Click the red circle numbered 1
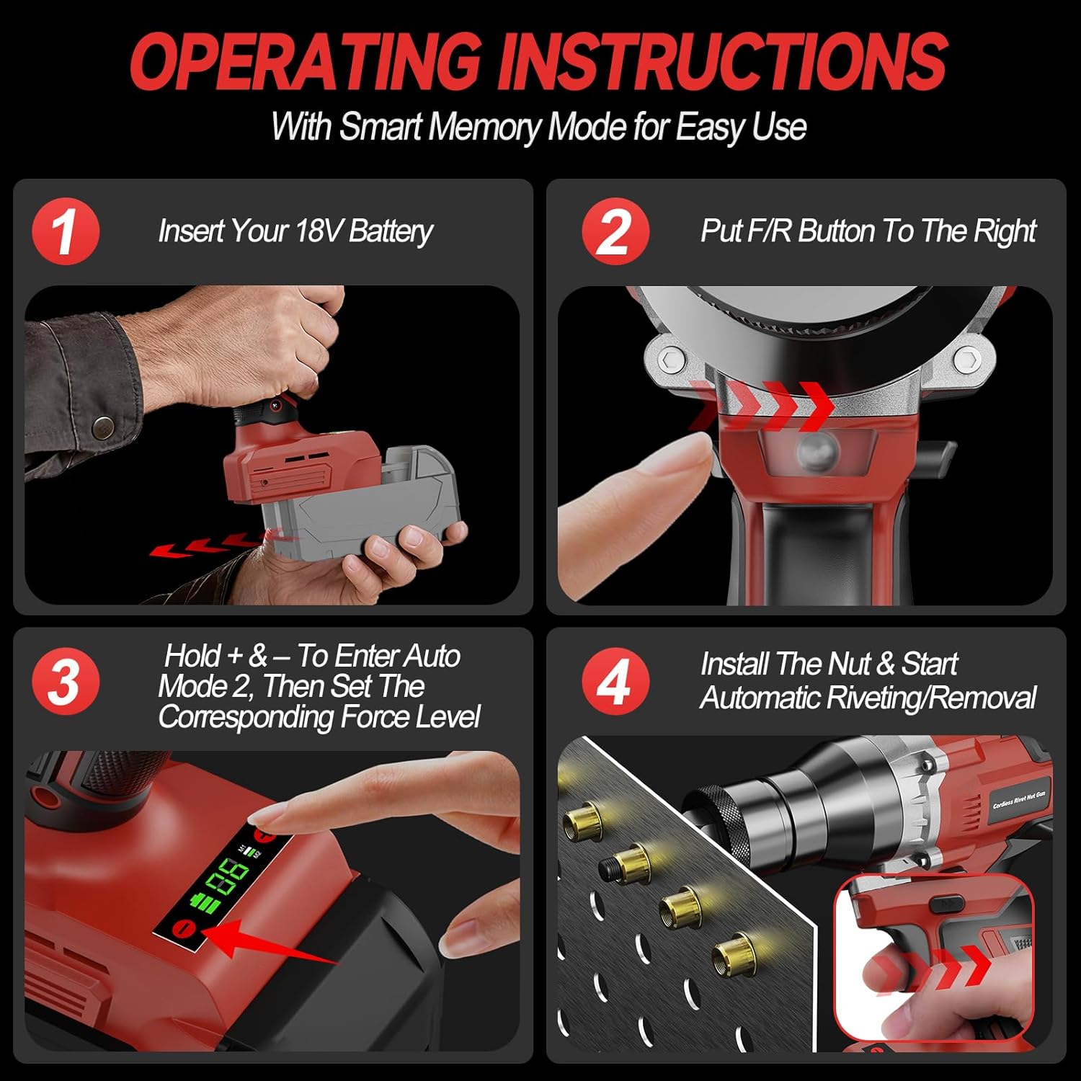[66, 231]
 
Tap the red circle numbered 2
[615, 231]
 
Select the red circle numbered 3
[66, 681]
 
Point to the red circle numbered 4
[615, 681]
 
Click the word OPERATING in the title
[306, 62]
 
